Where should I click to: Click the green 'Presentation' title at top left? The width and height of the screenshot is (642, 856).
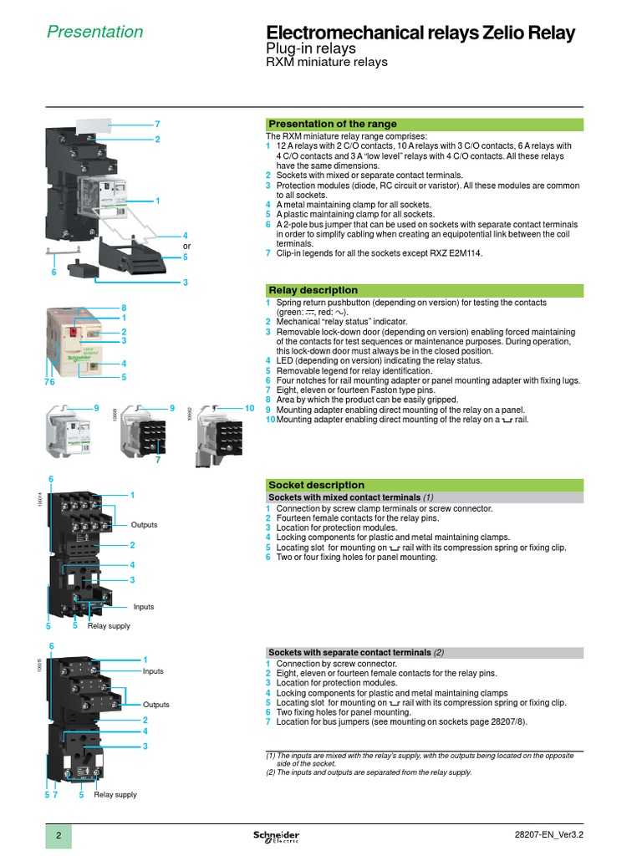point(94,32)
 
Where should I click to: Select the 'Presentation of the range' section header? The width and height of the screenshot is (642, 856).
point(332,124)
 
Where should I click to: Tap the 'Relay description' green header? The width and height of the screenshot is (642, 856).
point(313,290)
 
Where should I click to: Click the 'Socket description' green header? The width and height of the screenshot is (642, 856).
point(316,485)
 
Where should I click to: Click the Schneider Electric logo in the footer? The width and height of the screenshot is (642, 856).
point(276,837)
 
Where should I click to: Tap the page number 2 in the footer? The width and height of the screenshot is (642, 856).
point(59,837)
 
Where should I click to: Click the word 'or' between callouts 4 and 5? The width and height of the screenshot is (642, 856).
point(187,247)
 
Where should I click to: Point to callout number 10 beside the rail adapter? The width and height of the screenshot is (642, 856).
point(248,407)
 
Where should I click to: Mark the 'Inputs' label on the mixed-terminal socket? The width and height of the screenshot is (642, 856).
point(144,607)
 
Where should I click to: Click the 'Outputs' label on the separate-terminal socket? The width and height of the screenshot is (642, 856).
point(155,705)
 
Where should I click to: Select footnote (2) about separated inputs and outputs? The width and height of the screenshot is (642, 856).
point(369,772)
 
